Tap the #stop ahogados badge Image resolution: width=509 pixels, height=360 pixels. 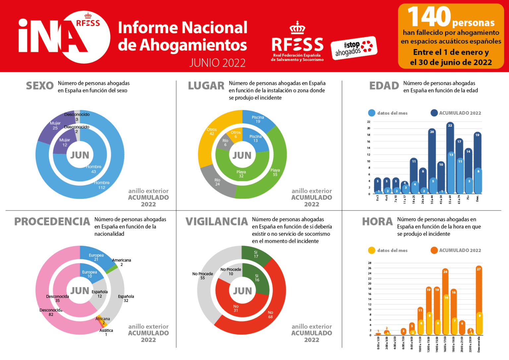(354, 48)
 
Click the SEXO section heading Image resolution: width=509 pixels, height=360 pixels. (40, 86)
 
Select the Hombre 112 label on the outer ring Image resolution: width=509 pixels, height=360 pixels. (102, 185)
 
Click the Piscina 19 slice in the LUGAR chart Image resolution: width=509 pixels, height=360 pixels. (257, 120)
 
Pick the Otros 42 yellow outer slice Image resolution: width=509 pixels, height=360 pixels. (212, 132)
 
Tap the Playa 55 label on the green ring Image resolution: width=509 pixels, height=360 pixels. (275, 172)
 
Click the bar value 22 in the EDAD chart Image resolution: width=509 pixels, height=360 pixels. (450, 126)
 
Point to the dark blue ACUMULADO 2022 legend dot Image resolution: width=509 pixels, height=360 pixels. (434, 113)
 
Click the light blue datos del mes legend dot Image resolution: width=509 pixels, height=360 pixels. (372, 113)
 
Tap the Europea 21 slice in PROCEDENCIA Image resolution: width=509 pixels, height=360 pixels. (96, 257)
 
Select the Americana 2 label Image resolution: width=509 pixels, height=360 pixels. (122, 262)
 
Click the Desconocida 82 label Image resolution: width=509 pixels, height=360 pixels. (51, 312)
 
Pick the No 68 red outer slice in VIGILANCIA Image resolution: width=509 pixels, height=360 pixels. (270, 315)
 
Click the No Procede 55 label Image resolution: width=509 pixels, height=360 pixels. (202, 276)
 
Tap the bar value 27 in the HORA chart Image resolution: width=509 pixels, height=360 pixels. (479, 269)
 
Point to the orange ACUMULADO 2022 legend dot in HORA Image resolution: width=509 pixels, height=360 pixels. (434, 250)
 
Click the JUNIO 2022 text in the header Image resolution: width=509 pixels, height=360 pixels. (217, 63)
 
